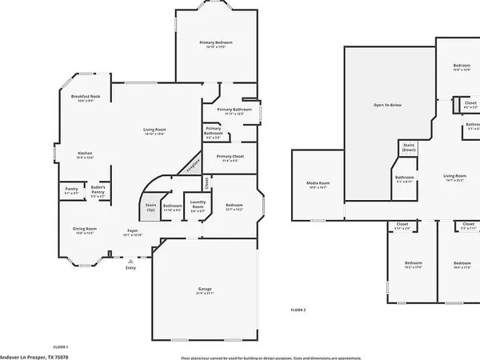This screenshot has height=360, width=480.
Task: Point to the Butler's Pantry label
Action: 98,190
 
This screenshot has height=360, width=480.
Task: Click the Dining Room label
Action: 84,229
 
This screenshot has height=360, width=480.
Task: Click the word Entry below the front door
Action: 130,268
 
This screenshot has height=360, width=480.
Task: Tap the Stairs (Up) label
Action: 150,207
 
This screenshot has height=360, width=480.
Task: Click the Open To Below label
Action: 388,106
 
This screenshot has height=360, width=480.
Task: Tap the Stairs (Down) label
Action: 408,147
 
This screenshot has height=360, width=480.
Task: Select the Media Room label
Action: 318,183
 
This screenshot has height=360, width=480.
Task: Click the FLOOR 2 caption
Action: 298,310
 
